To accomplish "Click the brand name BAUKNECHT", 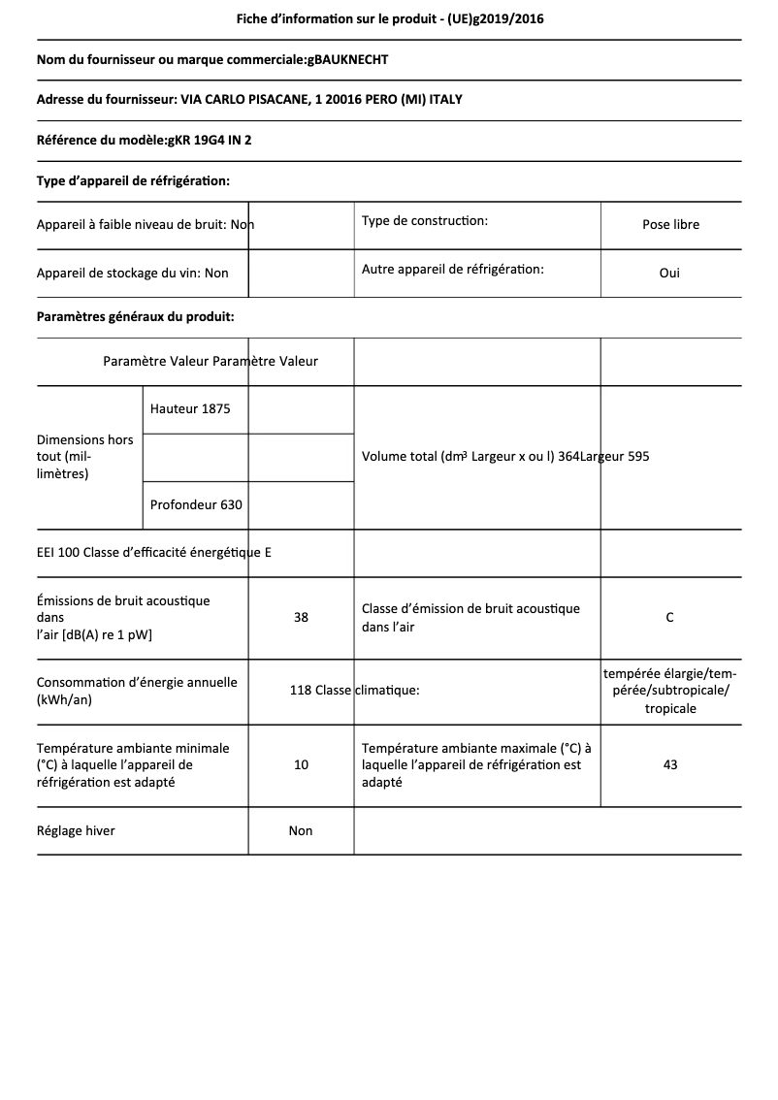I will (x=350, y=60).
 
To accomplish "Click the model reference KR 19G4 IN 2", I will (x=210, y=140).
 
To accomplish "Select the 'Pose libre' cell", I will (x=670, y=224).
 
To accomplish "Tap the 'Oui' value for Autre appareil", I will (x=669, y=273).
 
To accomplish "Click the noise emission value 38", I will (x=301, y=617).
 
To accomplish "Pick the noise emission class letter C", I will (x=670, y=617).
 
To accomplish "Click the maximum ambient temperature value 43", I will (x=670, y=764).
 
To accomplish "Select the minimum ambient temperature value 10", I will (x=301, y=764).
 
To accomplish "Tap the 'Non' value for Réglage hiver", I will (x=301, y=830).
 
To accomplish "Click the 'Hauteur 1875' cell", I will (x=190, y=408).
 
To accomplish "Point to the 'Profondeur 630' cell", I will (x=196, y=504).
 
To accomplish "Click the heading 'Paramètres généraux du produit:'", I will (x=135, y=316).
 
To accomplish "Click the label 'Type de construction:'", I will (x=425, y=221).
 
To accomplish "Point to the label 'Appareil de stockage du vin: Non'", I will (x=133, y=273).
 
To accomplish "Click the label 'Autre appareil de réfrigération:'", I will (x=453, y=269).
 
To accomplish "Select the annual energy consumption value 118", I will (x=300, y=691).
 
